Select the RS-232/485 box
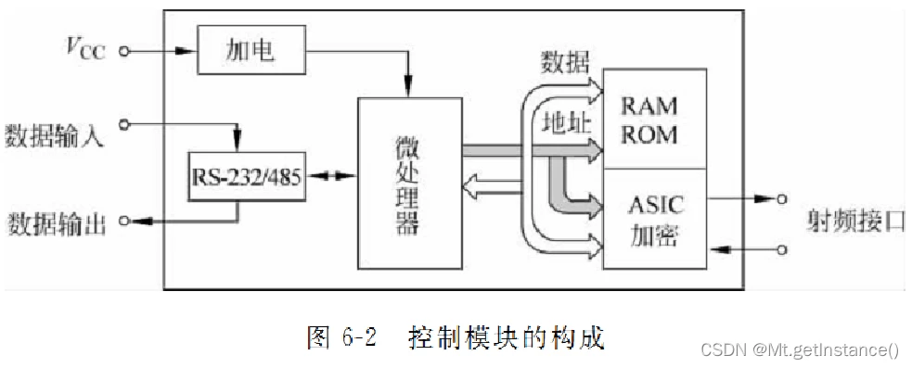click(245, 176)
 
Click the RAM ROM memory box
click(655, 118)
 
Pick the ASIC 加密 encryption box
click(655, 219)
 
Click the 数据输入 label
click(54, 136)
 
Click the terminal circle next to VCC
click(121, 51)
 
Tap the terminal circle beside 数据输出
click(122, 221)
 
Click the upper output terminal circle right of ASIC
click(784, 198)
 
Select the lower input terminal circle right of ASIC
click(784, 249)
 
